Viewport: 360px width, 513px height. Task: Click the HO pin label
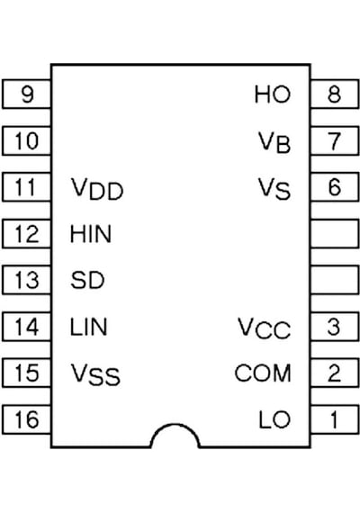coord(273,94)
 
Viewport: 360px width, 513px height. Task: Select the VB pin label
coord(274,142)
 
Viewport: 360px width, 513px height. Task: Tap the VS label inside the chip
coord(274,189)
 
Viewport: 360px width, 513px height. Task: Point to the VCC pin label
coord(264,328)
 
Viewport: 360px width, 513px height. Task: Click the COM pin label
coord(263,373)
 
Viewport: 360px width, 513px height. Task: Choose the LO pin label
coord(274,419)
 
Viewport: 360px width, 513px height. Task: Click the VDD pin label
coord(97,189)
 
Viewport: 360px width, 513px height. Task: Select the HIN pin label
coord(91,234)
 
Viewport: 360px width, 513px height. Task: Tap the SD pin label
coord(87,280)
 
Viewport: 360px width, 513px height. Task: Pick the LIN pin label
coord(88,327)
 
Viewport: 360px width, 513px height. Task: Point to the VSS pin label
coord(95,374)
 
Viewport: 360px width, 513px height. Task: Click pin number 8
coord(335,94)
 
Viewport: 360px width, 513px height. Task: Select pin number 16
coord(27,419)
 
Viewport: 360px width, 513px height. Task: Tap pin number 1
coord(334,419)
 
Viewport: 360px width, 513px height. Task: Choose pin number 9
coord(28,94)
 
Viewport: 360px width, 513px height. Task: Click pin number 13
coord(27,280)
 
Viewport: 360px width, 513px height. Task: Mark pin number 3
coord(334,327)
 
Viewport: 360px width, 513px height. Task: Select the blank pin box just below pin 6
coord(335,234)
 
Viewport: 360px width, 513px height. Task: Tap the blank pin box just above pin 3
coord(335,280)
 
